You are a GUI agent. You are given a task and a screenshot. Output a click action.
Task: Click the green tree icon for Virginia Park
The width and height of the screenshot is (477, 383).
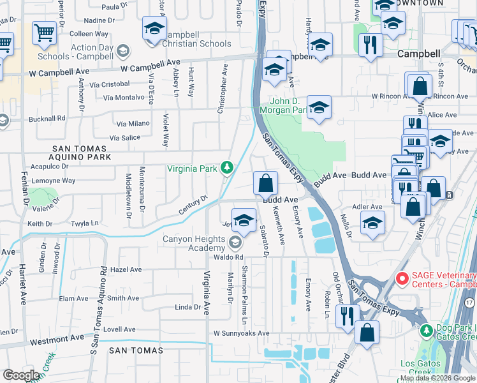click(x=226, y=168)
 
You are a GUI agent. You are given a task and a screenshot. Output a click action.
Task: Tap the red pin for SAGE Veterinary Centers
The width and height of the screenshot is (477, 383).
click(x=402, y=279)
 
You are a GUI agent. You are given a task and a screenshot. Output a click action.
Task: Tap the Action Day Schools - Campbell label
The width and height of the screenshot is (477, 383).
click(x=84, y=52)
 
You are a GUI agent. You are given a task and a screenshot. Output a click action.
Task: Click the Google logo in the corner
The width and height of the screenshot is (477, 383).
click(x=21, y=375)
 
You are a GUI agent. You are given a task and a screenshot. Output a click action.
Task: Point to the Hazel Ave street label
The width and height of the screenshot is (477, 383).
click(x=126, y=270)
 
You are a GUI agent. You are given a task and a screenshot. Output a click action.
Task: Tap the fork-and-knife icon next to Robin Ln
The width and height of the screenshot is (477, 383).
click(x=348, y=315)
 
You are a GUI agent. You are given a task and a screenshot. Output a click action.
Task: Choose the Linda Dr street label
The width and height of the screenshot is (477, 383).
click(x=187, y=307)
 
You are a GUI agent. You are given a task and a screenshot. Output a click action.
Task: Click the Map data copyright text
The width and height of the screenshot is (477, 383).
click(x=438, y=378)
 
